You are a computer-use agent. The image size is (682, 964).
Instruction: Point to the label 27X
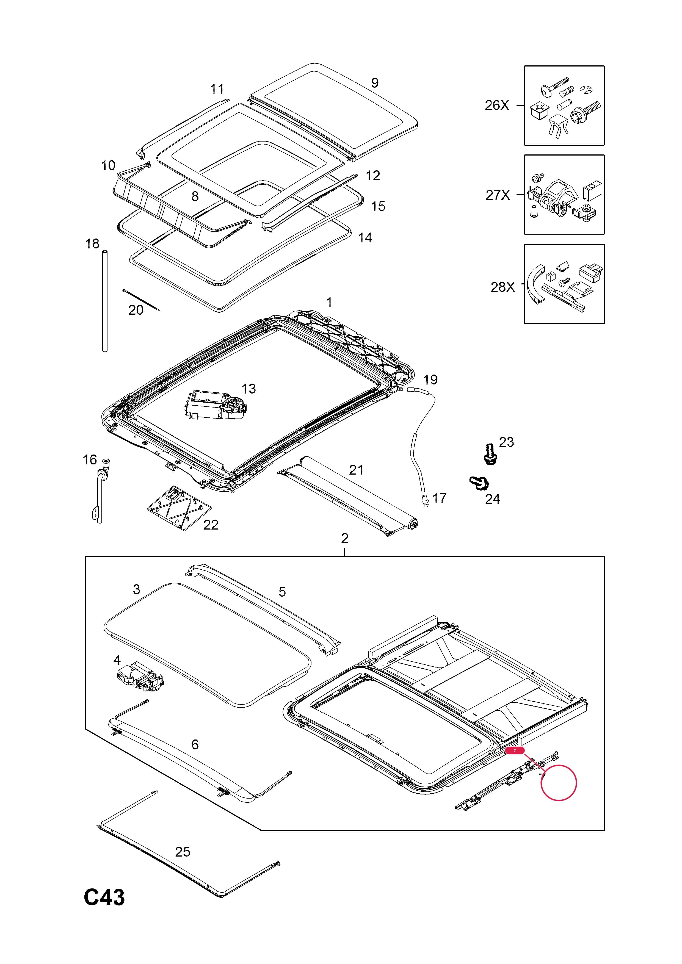click(x=498, y=195)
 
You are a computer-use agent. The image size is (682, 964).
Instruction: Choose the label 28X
click(x=503, y=287)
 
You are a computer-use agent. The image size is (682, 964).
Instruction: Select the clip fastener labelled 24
click(x=479, y=483)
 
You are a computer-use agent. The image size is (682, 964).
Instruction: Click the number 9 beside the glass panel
click(x=375, y=83)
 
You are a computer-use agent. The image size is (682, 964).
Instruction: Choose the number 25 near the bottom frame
click(x=183, y=852)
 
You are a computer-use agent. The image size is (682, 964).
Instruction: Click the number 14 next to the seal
click(x=365, y=238)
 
